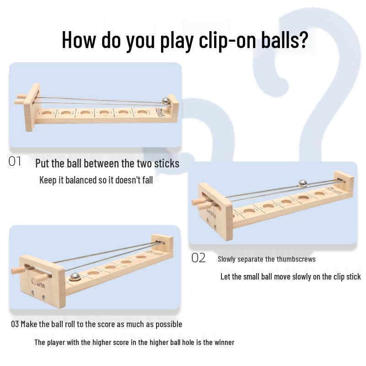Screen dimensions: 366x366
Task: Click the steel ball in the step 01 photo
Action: point(166,101)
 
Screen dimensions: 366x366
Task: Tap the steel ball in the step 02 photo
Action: point(303,183)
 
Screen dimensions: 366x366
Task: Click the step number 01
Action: point(15,161)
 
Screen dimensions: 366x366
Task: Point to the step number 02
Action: point(199,258)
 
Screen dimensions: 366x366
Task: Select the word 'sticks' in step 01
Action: point(167,163)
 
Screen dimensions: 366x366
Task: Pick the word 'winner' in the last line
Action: point(224,342)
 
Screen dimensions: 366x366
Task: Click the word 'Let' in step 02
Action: point(225,277)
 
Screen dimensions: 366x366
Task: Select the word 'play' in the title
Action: point(177,41)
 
